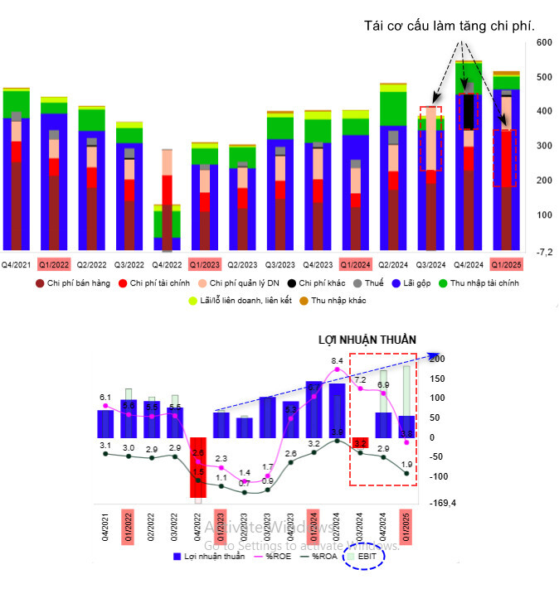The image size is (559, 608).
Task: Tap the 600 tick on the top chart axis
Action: tap(544, 42)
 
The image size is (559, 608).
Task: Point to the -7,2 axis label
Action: tap(543, 252)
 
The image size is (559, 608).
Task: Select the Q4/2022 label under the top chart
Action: tap(168, 265)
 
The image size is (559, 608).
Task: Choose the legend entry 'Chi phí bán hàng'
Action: tap(75, 284)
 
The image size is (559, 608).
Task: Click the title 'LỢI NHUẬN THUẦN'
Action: tap(367, 340)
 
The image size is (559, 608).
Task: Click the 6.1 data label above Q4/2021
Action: tap(105, 398)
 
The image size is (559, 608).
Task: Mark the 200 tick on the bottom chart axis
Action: tap(438, 359)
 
